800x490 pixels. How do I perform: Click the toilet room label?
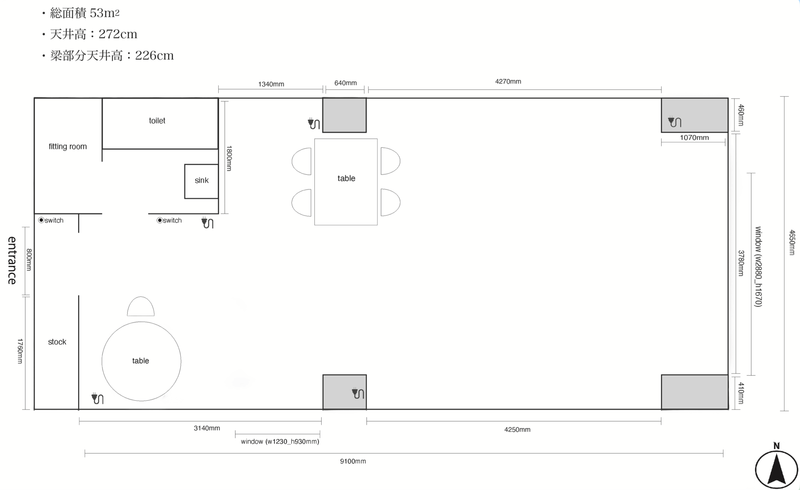[x=157, y=121]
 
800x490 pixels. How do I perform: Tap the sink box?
[x=201, y=181]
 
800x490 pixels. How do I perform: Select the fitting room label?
[x=68, y=147]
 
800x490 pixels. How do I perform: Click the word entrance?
[x=12, y=260]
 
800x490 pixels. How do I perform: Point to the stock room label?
[x=57, y=342]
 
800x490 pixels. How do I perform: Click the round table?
[x=141, y=361]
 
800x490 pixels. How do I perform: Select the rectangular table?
[x=346, y=182]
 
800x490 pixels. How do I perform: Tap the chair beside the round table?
[x=141, y=306]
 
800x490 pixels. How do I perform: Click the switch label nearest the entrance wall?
[x=51, y=220]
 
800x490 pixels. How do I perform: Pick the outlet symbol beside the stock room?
[x=97, y=398]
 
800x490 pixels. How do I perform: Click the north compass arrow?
[x=776, y=468]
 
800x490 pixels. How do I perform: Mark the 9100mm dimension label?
[x=353, y=461]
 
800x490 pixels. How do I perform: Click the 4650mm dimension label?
[x=792, y=242]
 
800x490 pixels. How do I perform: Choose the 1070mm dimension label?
[x=694, y=138]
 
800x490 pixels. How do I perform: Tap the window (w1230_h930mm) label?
[x=280, y=441]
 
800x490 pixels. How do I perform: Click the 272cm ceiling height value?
[x=118, y=34]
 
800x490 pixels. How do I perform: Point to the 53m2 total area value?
[x=105, y=13]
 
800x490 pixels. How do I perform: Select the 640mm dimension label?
[x=345, y=83]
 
